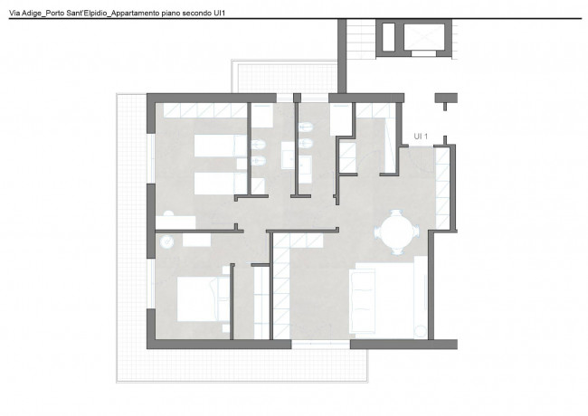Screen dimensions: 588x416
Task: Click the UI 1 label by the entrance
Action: (421, 137)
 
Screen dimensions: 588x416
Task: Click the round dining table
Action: (397, 232)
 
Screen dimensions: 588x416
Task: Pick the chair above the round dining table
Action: (396, 213)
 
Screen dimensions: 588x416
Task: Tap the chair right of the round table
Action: (415, 232)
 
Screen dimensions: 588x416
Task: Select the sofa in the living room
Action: (362, 301)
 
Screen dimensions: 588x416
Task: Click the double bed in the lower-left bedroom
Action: (203, 298)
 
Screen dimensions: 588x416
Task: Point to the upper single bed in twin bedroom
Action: (221, 146)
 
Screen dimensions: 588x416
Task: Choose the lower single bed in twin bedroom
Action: (221, 184)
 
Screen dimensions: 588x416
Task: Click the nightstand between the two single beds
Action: (242, 165)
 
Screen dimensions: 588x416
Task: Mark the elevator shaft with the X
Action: (424, 38)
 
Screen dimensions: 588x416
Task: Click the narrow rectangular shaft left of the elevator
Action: (388, 37)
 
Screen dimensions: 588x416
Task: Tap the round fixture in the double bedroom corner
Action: (166, 241)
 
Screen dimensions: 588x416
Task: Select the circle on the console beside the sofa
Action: (421, 332)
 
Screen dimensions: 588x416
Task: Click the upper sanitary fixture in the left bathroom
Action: (258, 145)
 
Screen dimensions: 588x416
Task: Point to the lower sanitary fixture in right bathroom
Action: (306, 143)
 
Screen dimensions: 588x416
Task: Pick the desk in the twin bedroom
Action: (175, 222)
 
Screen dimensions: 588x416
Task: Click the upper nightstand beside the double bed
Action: (226, 270)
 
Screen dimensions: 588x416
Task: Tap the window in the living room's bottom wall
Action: (320, 345)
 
